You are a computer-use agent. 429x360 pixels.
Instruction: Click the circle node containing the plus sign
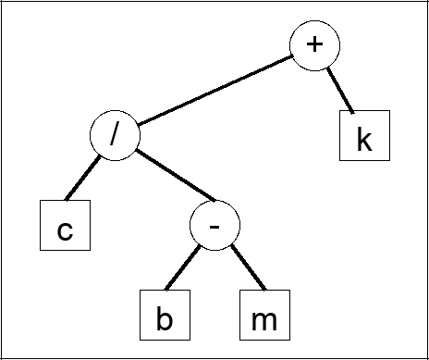(x=315, y=46)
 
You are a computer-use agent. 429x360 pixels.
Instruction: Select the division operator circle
(x=115, y=137)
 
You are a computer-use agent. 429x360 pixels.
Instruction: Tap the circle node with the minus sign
(x=214, y=225)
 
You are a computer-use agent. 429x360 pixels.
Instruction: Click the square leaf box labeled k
(x=363, y=136)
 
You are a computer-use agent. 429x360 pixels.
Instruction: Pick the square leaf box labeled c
(x=65, y=225)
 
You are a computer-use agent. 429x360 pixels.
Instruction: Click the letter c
(x=65, y=229)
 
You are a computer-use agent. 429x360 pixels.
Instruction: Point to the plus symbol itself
(x=315, y=46)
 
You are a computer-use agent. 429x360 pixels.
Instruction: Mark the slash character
(x=115, y=136)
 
